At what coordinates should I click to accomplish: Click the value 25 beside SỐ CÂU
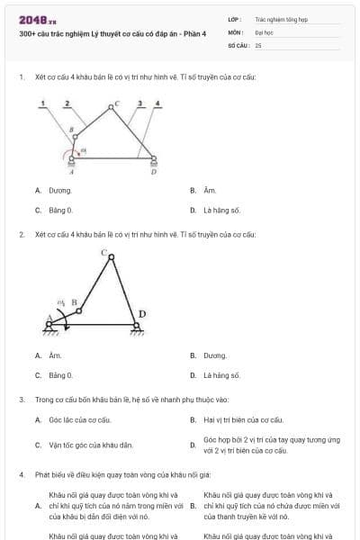point(258,44)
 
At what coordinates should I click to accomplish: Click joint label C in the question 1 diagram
point(115,104)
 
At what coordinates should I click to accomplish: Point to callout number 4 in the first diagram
point(157,104)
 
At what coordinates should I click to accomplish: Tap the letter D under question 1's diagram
point(153,172)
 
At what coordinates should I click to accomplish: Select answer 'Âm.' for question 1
point(210,191)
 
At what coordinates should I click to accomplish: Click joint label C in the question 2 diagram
point(104,252)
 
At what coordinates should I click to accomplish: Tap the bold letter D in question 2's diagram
point(141,314)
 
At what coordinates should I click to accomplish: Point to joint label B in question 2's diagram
point(74,302)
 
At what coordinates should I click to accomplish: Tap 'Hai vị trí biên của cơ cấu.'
point(243,419)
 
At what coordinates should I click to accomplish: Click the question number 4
point(21,473)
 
